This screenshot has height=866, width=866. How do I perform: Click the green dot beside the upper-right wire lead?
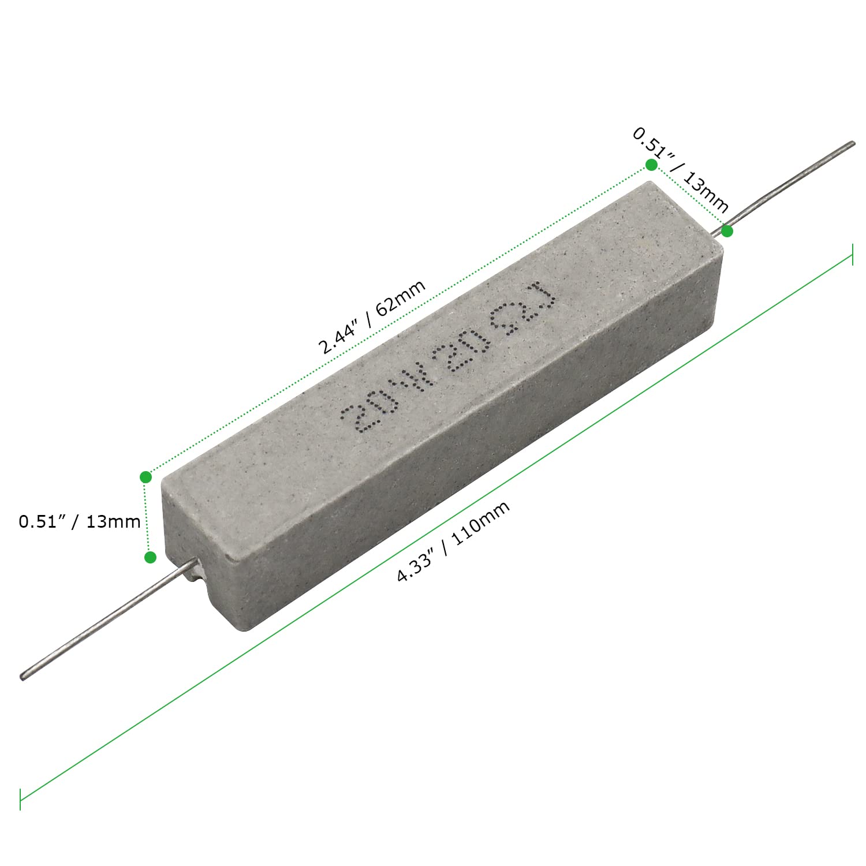click(x=727, y=231)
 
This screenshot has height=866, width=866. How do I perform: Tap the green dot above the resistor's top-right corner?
click(x=651, y=165)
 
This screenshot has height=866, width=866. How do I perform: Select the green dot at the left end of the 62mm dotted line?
click(x=145, y=477)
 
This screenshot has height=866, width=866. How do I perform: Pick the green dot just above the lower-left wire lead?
click(x=150, y=557)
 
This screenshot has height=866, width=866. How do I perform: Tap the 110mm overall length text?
click(x=480, y=523)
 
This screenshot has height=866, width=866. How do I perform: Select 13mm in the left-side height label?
click(x=113, y=522)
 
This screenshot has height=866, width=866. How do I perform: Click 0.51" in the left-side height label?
click(x=43, y=521)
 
